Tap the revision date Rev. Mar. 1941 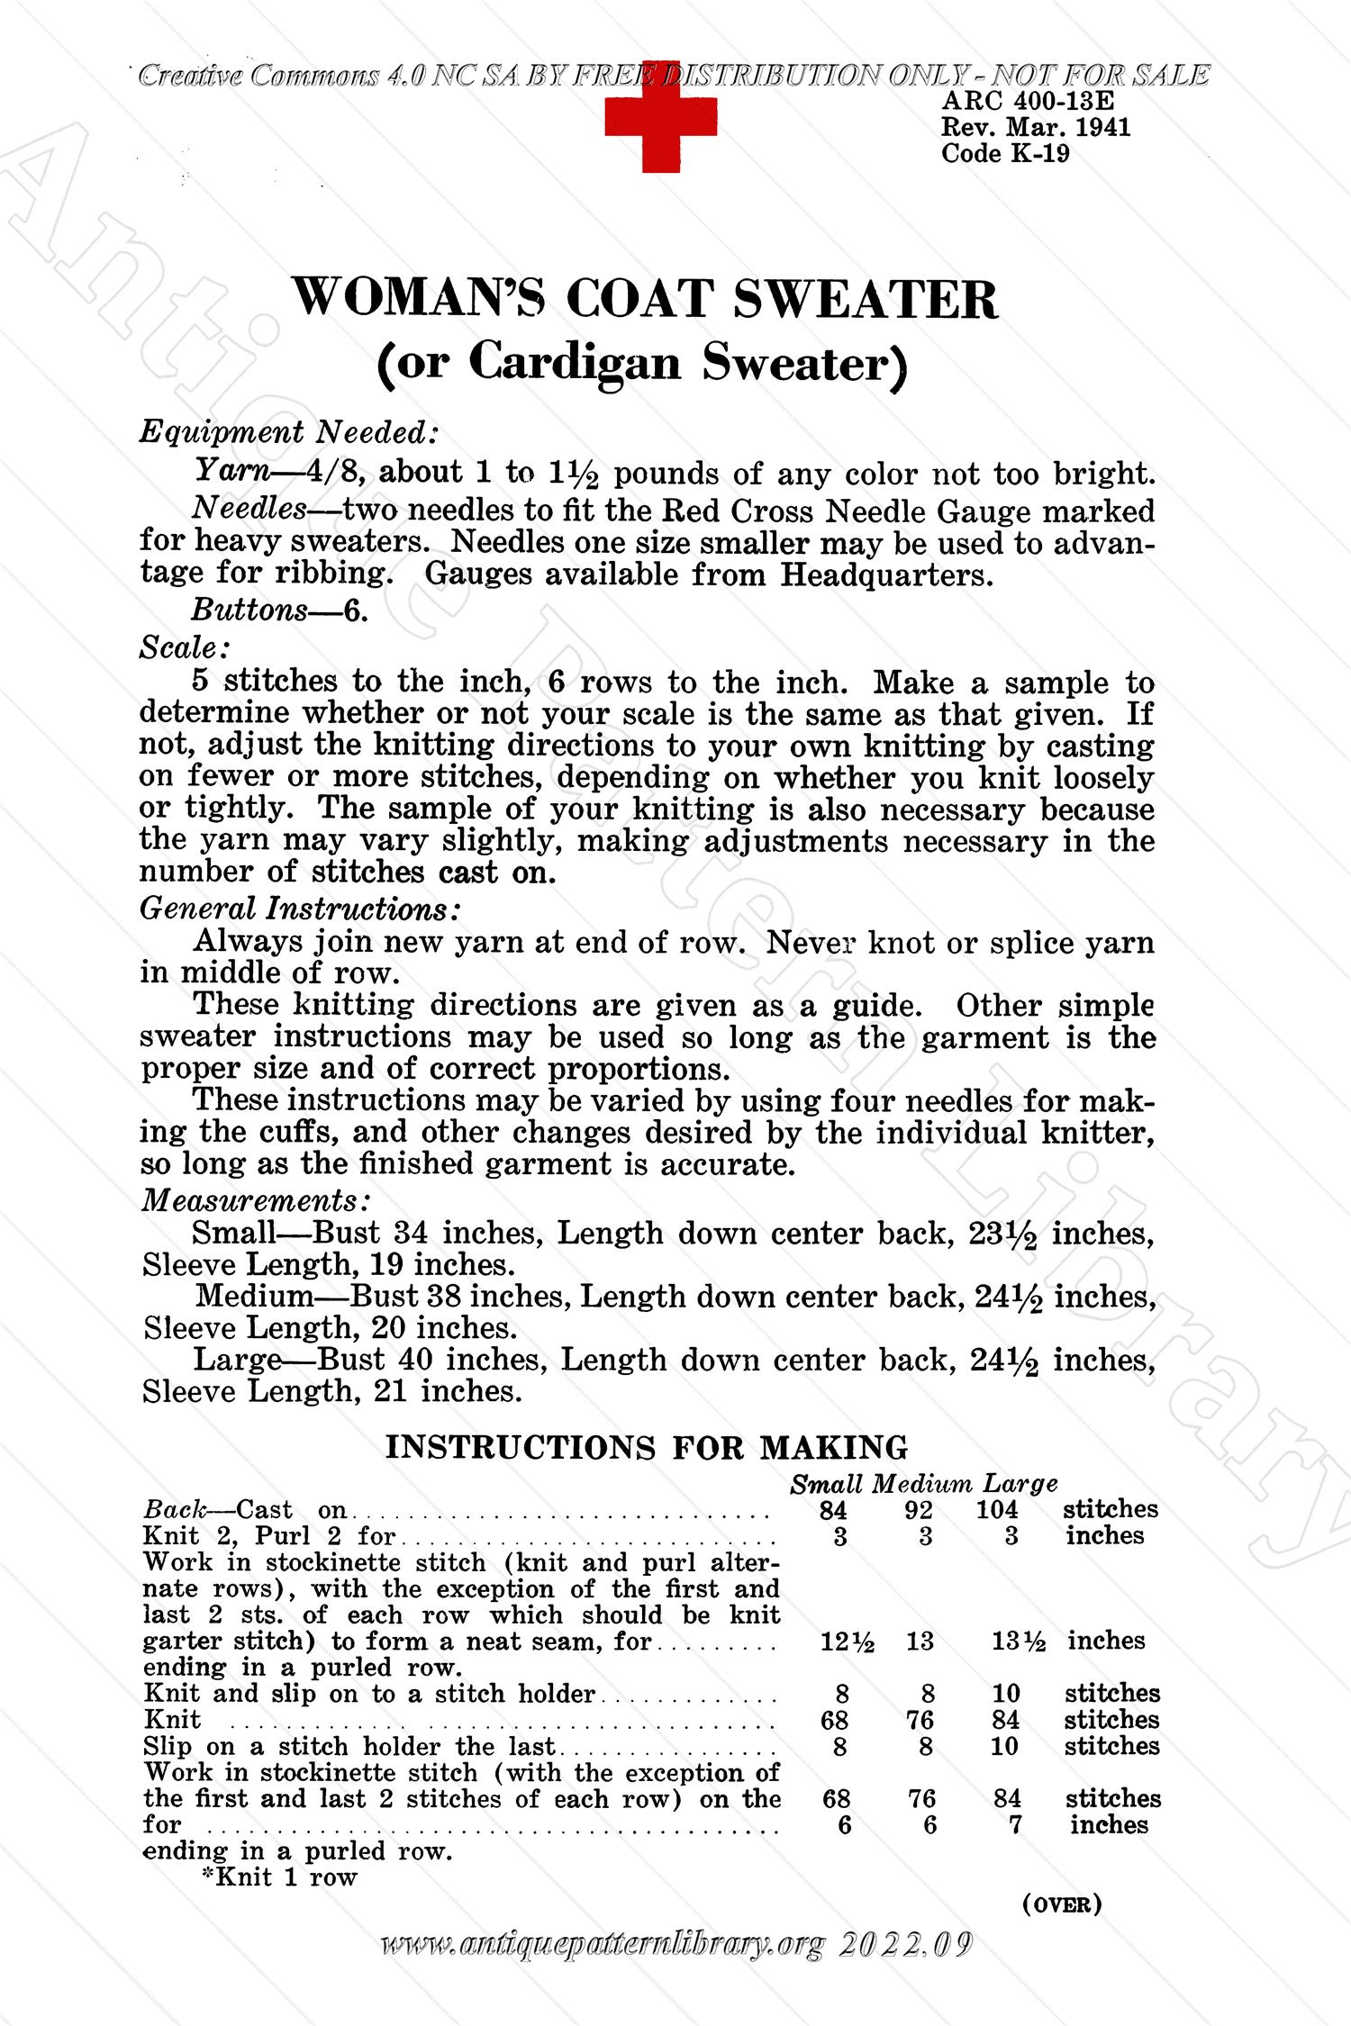pos(1036,128)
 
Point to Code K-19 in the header pos(1005,154)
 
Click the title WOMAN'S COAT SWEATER pos(647,299)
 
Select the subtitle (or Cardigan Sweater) pos(643,363)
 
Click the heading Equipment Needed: pos(289,433)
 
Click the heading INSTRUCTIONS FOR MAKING pos(647,1447)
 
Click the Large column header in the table pos(1020,1484)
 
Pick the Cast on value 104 pos(997,1510)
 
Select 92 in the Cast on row pos(919,1510)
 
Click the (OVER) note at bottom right pos(1063,1904)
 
